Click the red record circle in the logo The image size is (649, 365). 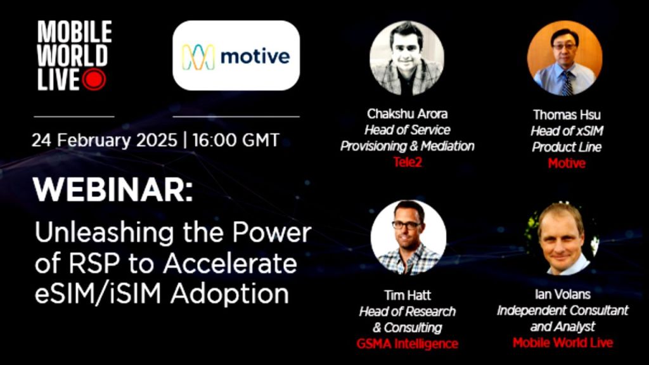pos(94,79)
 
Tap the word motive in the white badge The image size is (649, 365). pos(255,56)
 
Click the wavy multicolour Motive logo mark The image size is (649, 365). pos(198,56)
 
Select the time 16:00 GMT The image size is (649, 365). pos(236,140)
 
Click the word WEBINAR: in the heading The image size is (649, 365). pos(113,190)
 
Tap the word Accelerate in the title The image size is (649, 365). pos(230,264)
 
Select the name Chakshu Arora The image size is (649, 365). pos(408,114)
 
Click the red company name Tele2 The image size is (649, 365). pos(408,162)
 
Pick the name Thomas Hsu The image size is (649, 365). pos(567,115)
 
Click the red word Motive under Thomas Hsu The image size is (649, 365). pos(567,163)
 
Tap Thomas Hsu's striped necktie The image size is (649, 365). pos(567,83)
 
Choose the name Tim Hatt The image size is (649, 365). pos(408,295)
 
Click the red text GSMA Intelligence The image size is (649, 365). pos(408,343)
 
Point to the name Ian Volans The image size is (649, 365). pos(563,294)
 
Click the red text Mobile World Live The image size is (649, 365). pos(563,343)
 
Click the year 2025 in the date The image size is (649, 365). pos(157,140)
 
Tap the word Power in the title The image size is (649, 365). pos(271,233)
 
